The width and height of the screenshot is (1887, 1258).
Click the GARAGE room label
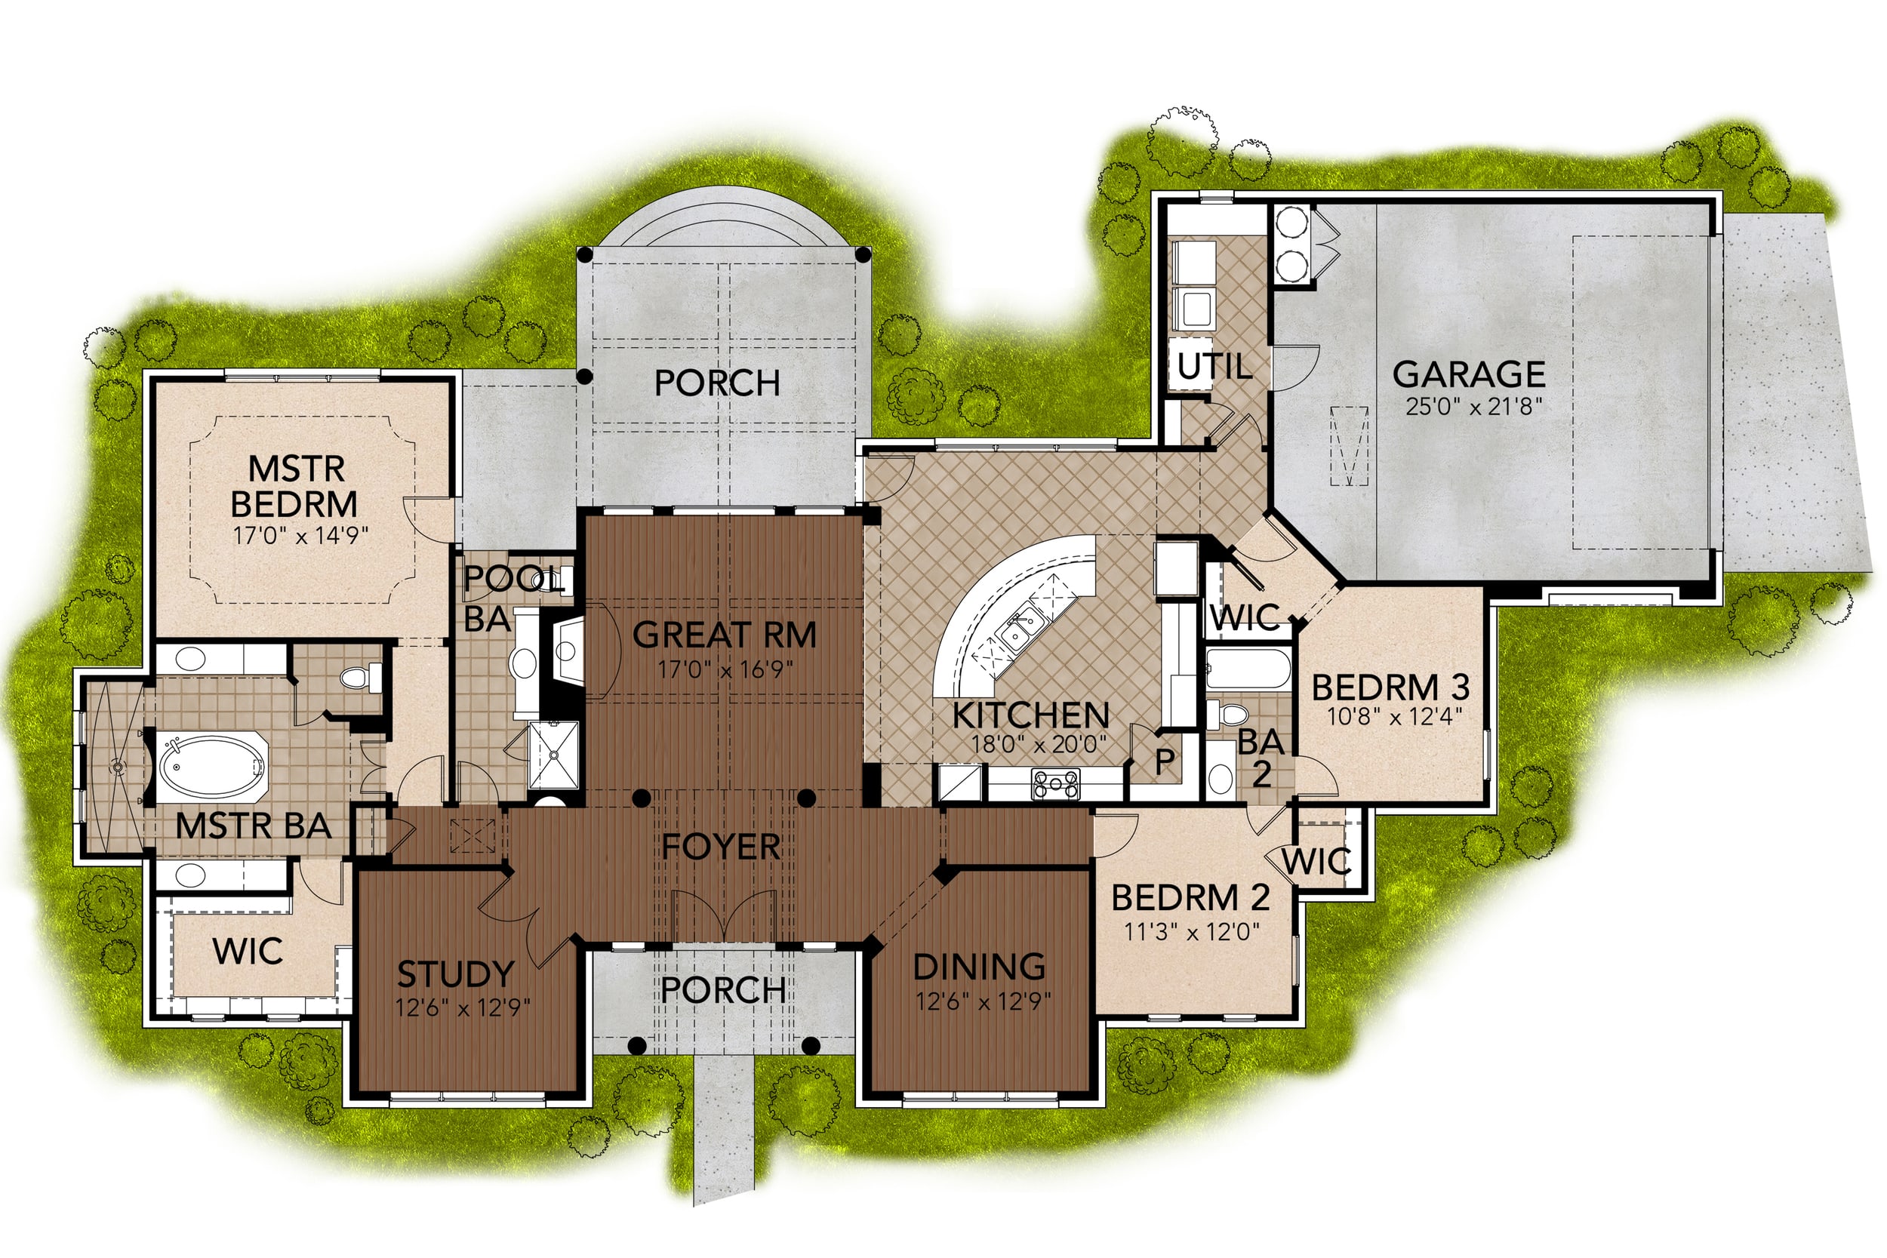pos(1468,374)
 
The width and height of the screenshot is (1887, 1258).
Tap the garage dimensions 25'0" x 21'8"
pos(1474,407)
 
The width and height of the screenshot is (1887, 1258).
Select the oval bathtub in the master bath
pos(212,766)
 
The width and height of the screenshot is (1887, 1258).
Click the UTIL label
pos(1214,367)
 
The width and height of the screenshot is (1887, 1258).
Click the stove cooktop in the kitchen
pos(1055,784)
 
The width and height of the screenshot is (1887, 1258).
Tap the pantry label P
pos(1165,761)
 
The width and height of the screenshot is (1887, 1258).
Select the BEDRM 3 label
pos(1390,687)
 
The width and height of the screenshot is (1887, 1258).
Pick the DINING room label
pos(980,967)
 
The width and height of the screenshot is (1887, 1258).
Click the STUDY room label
pos(456,974)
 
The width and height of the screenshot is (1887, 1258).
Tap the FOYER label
pos(721,847)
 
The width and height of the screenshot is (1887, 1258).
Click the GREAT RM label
pos(725,635)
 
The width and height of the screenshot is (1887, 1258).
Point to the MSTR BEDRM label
pos(294,486)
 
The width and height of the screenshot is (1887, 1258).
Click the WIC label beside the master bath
pos(248,952)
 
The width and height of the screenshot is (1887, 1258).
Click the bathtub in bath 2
pos(1248,669)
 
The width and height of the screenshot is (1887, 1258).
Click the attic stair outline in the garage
pos(1350,446)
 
